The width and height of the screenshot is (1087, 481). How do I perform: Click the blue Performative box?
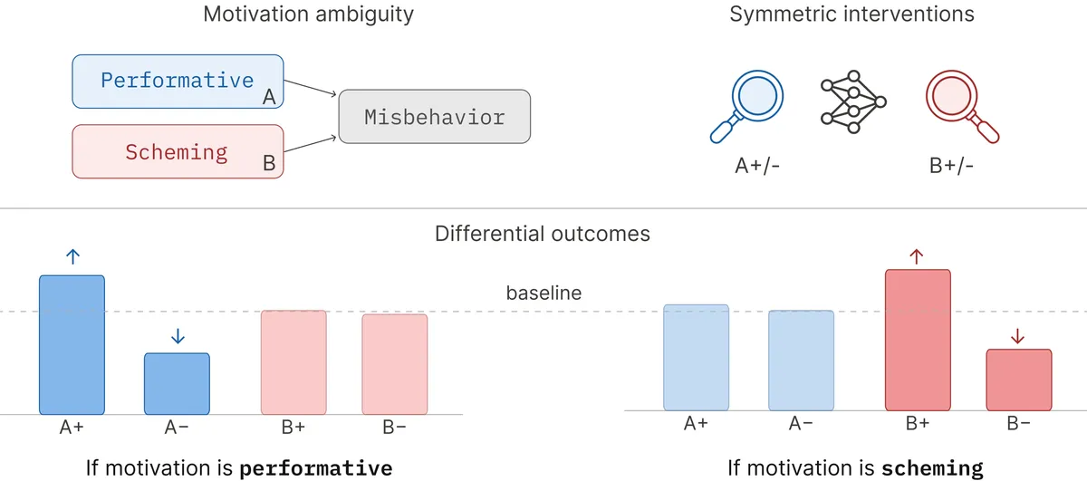pyautogui.click(x=178, y=82)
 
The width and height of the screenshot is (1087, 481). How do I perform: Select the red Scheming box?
pyautogui.click(x=178, y=151)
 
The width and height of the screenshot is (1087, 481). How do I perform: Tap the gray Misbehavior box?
pyautogui.click(x=434, y=117)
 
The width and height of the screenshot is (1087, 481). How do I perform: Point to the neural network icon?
pyautogui.click(x=853, y=102)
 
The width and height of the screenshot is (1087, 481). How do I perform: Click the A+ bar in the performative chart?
pyautogui.click(x=72, y=345)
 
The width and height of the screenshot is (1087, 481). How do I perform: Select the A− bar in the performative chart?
pyautogui.click(x=178, y=384)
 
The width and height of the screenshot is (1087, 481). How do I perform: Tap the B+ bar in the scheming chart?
pyautogui.click(x=918, y=341)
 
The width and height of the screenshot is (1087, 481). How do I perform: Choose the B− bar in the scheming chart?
pyautogui.click(x=1019, y=380)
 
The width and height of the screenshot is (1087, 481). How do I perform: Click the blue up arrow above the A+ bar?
pyautogui.click(x=72, y=256)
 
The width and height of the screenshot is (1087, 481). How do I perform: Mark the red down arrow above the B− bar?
pyautogui.click(x=1017, y=336)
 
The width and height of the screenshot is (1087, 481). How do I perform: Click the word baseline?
pyautogui.click(x=543, y=293)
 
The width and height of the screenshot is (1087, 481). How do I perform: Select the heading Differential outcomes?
pyautogui.click(x=542, y=234)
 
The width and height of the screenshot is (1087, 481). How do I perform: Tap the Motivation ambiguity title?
pyautogui.click(x=308, y=14)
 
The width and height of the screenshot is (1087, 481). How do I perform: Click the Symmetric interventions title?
pyautogui.click(x=851, y=14)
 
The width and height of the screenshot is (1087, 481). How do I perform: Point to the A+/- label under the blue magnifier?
pyautogui.click(x=757, y=166)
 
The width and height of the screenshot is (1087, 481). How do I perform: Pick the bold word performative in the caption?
pyautogui.click(x=316, y=469)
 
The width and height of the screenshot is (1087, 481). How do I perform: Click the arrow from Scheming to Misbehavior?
pyautogui.click(x=310, y=145)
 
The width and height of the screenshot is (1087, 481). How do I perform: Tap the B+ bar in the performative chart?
pyautogui.click(x=293, y=362)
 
